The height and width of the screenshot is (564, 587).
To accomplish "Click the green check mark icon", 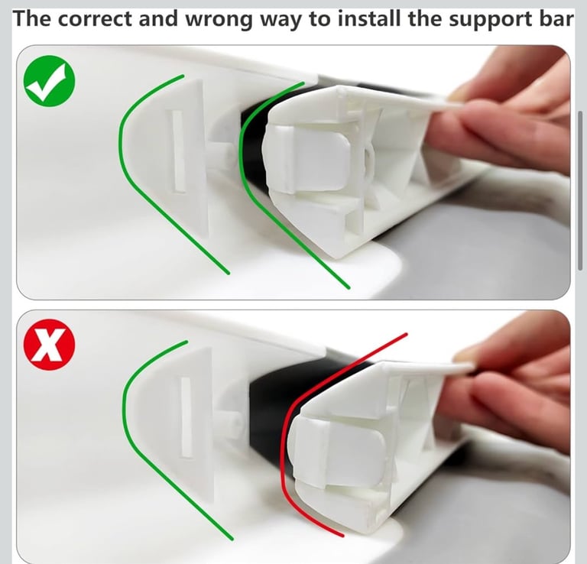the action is [x=50, y=81].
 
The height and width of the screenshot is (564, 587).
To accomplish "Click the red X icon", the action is [x=50, y=345].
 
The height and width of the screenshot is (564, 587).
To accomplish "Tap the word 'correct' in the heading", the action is [x=95, y=18].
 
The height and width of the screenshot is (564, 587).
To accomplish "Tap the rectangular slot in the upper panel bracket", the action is [x=178, y=151].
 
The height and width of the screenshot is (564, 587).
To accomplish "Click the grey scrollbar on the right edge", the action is [x=580, y=190].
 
